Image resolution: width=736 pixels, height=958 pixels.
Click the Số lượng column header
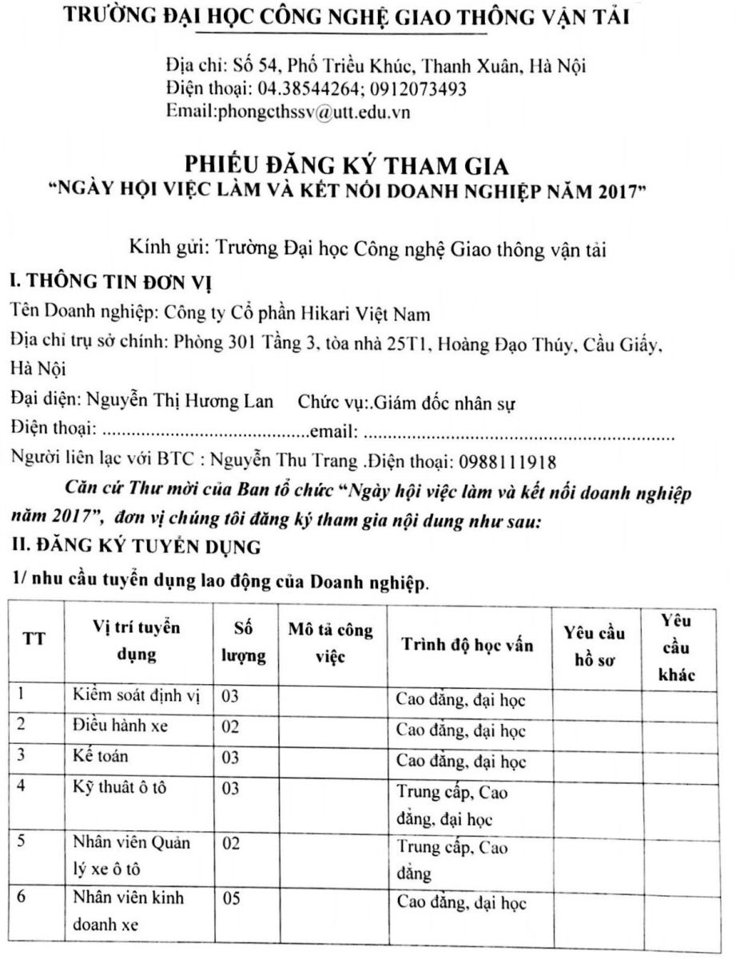(x=243, y=642)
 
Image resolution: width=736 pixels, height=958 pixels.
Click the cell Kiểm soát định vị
(x=133, y=697)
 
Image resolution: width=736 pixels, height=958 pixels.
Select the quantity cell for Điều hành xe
(x=232, y=727)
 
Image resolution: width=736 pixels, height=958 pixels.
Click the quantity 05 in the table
(x=232, y=898)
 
